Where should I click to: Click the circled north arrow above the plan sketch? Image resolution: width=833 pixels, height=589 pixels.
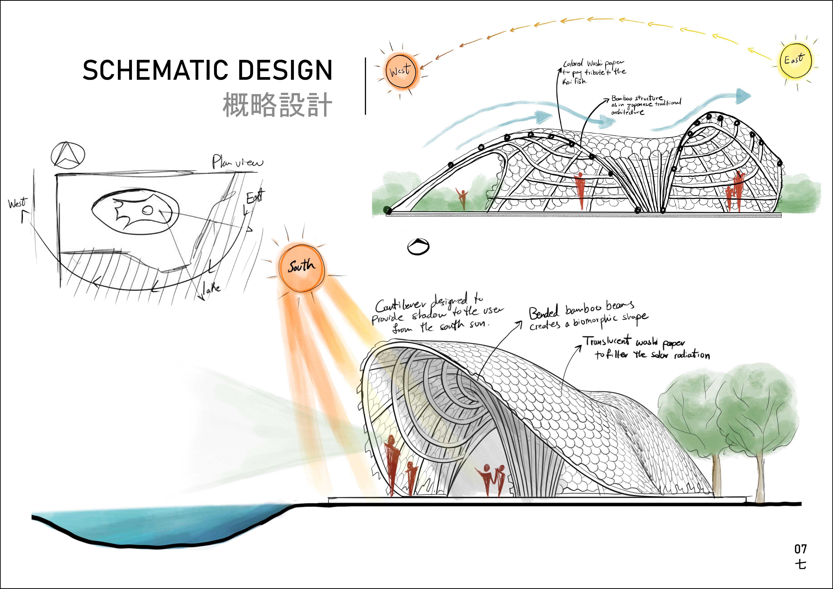(68, 156)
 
